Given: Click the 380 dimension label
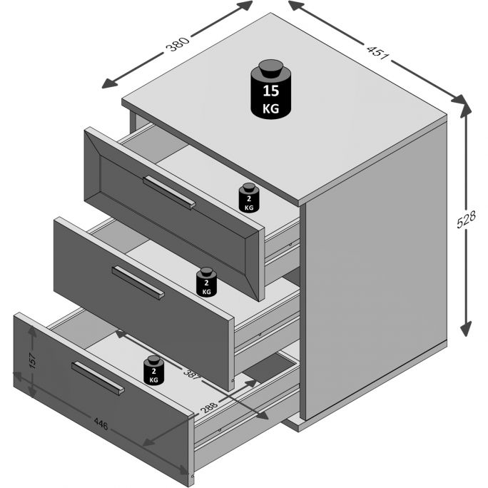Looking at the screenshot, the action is click(x=178, y=44).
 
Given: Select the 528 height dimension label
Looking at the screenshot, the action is click(x=466, y=220).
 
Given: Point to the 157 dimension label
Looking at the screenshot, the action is click(x=32, y=361).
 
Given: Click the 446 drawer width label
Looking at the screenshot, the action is click(x=101, y=425).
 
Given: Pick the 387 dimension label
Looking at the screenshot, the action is click(x=191, y=374).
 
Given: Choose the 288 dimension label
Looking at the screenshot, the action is click(x=209, y=407).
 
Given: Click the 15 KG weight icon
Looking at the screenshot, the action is click(x=270, y=89).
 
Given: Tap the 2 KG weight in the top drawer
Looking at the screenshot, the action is click(x=249, y=198).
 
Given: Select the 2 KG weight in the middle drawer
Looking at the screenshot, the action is click(x=206, y=283).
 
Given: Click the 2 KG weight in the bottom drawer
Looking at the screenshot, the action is click(x=153, y=370).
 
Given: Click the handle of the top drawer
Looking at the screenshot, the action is click(x=169, y=193).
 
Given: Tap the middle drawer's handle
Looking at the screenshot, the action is click(x=138, y=283).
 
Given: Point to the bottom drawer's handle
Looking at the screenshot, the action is click(x=98, y=378).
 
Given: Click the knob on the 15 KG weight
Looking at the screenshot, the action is click(x=270, y=68).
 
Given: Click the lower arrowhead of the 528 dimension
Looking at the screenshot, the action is click(x=466, y=328).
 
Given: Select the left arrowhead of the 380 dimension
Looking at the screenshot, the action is click(x=109, y=83).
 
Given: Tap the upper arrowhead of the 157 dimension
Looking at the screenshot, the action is click(x=31, y=332).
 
